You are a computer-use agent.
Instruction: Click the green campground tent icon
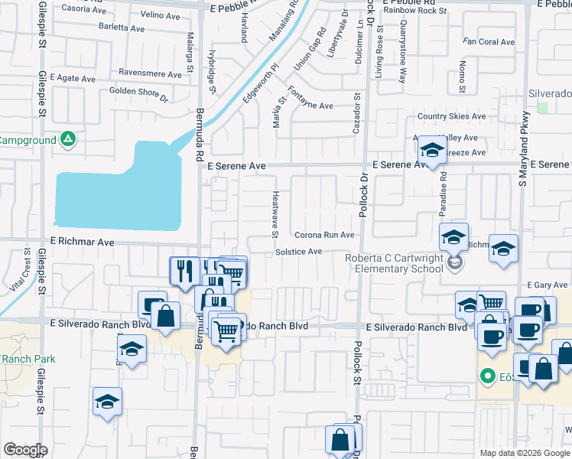click(68, 140)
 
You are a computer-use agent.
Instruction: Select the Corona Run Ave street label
click(324, 236)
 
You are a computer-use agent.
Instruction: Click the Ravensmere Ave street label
click(155, 73)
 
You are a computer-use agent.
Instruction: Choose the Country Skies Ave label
click(451, 116)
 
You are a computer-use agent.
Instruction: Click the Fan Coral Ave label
click(489, 42)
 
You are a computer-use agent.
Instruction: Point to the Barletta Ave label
click(122, 28)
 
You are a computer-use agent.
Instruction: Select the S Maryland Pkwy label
click(524, 154)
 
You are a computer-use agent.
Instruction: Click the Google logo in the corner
click(26, 450)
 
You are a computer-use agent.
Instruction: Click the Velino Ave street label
click(160, 15)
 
